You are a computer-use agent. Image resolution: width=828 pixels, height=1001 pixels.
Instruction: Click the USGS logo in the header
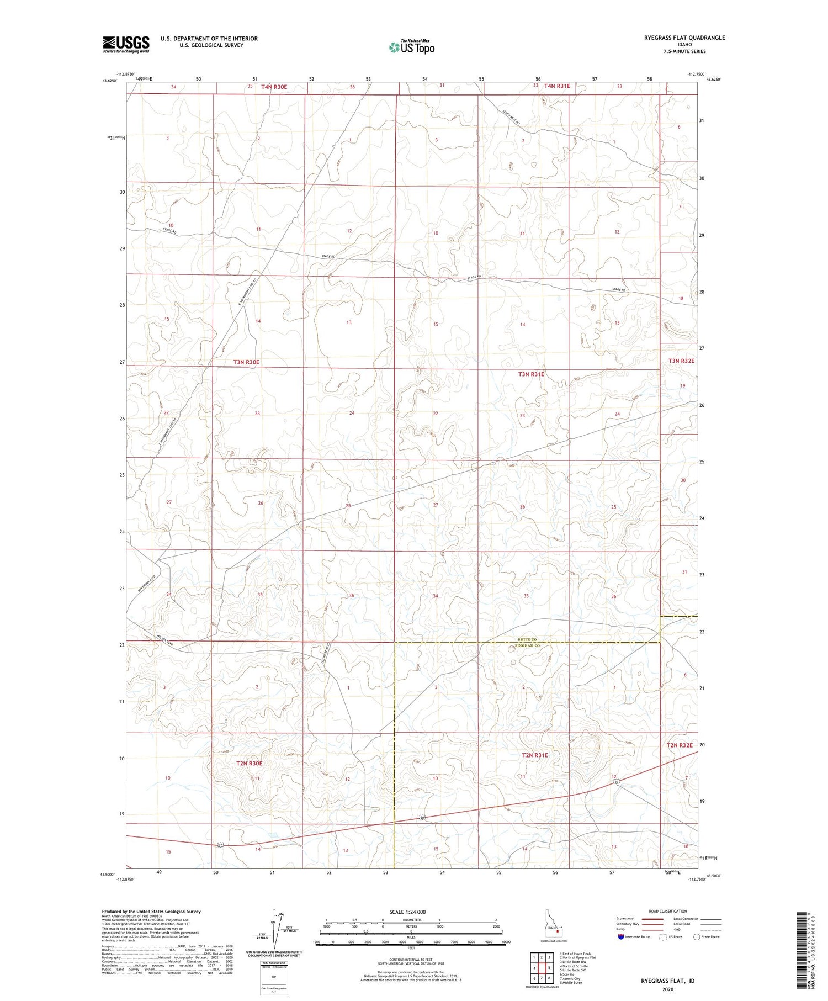[126, 44]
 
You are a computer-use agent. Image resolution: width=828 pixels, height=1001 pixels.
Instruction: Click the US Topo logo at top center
[411, 47]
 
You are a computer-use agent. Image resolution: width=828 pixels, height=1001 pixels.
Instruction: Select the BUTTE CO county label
[527, 639]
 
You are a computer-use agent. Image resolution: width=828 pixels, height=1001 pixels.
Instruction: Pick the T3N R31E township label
[530, 374]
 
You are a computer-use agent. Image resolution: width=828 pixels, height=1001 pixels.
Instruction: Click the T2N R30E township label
[249, 763]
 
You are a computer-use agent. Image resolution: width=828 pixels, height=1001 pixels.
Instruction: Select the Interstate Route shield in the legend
[621, 937]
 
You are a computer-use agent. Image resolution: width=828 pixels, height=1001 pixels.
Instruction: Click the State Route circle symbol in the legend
[697, 937]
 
